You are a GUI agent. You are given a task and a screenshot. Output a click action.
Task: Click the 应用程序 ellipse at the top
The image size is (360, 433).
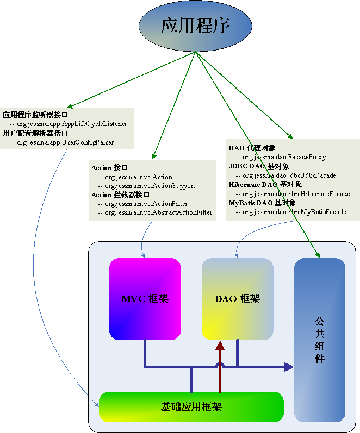195,26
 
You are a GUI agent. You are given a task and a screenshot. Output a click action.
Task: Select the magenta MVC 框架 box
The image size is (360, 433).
145,299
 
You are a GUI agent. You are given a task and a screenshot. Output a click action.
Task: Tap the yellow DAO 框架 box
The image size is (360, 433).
237,299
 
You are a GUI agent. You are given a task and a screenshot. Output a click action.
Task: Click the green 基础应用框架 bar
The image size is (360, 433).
191,406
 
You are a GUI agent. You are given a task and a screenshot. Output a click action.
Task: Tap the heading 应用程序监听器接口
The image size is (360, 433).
36,115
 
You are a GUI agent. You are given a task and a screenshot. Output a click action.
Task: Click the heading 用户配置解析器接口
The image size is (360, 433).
36,133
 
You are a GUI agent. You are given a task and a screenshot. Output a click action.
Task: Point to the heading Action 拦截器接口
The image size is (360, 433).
120,194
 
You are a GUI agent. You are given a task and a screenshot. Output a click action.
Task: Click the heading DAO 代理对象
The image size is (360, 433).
252,148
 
